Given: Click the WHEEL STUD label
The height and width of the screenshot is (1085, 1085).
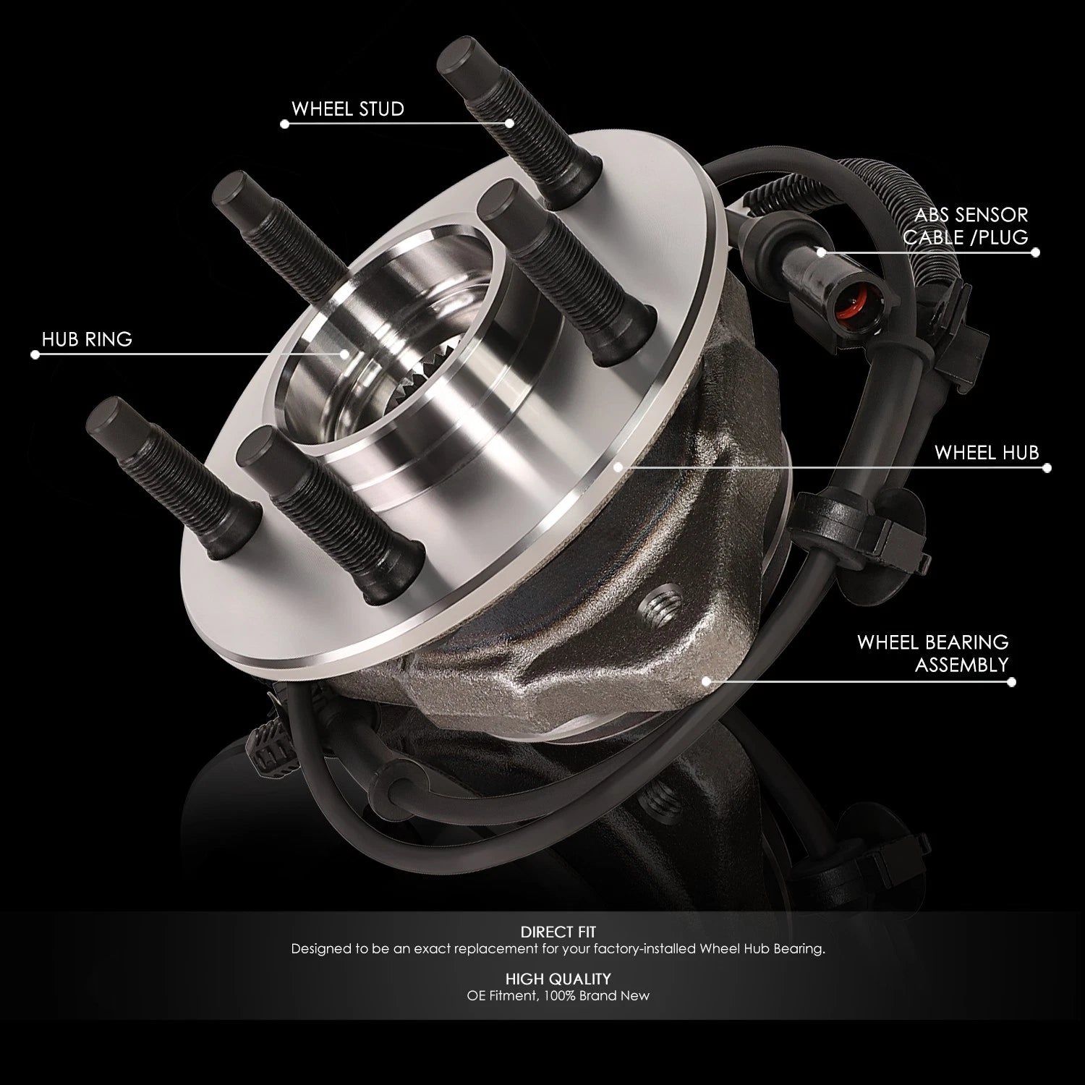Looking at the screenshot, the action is (x=347, y=109).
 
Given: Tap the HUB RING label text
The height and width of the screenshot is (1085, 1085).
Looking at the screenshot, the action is (x=87, y=339).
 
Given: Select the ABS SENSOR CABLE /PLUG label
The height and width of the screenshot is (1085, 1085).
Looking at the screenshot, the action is (x=971, y=226).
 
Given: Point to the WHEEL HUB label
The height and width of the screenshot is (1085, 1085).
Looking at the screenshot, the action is (x=987, y=453).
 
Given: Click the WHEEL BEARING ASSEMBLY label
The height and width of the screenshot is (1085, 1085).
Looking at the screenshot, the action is (x=932, y=653).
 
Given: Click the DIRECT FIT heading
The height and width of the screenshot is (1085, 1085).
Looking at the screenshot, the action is (x=558, y=932).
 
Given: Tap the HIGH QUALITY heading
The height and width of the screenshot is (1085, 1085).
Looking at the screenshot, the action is (x=558, y=979).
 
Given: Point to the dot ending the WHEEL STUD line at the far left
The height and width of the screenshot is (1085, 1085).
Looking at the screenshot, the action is (x=284, y=124).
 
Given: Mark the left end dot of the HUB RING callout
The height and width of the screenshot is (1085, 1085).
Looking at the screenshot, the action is (x=35, y=354).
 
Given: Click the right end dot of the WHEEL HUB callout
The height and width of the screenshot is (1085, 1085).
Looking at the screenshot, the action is (x=1047, y=468).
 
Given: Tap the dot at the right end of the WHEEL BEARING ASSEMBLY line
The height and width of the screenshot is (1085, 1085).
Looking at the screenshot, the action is (x=1011, y=681).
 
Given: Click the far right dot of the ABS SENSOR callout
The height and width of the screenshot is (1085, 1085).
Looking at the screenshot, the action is (x=1036, y=252).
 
